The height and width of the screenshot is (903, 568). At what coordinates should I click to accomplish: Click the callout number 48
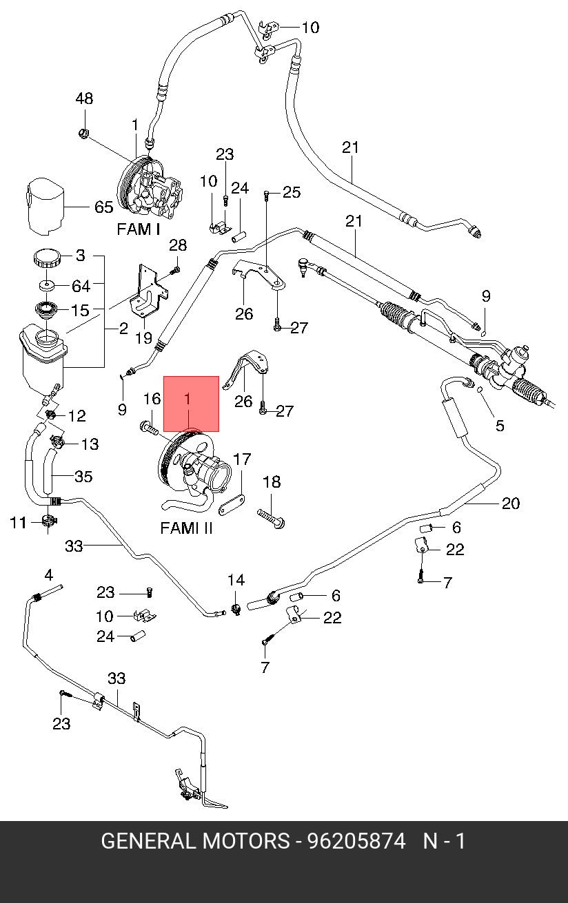click(84, 99)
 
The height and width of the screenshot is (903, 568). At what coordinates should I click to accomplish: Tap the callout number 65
click(103, 207)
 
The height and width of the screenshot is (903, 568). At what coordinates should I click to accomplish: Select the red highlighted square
click(191, 404)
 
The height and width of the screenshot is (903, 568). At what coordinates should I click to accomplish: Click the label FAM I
click(138, 229)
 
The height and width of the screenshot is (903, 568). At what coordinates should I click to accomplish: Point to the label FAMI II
click(186, 528)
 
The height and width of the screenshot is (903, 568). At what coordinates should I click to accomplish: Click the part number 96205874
click(356, 841)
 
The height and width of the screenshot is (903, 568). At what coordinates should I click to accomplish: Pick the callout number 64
click(81, 286)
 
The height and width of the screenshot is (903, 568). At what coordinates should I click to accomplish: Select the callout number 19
click(143, 338)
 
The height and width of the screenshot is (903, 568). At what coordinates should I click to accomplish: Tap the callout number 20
click(510, 504)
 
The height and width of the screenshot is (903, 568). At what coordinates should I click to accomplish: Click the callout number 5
click(500, 425)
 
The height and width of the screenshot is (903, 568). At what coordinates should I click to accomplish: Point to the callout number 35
click(83, 477)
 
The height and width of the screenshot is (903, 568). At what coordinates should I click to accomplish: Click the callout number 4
click(49, 575)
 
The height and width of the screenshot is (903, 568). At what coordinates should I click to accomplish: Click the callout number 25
click(292, 192)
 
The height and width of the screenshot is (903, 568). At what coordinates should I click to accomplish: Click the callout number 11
click(17, 523)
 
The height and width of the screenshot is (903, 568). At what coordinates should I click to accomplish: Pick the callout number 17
click(242, 459)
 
